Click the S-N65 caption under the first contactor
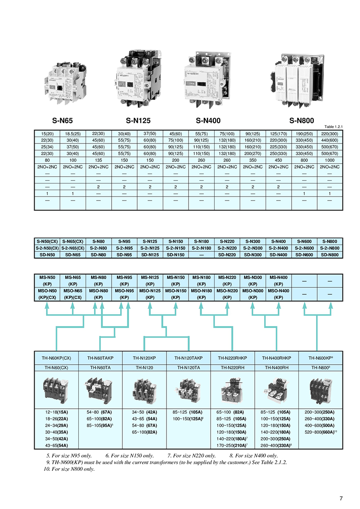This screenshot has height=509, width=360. pos(63,121)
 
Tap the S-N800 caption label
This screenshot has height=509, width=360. pos(301,121)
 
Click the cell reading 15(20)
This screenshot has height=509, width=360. pos(47,134)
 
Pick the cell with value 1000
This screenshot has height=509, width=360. pos(330,160)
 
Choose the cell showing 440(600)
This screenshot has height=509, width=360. pos(330,140)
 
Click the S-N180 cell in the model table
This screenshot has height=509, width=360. pos(202,241)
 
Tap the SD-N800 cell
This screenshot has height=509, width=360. pos(330,254)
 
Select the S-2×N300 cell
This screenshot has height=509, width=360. pos(253,248)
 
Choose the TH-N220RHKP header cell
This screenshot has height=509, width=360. pos(233,358)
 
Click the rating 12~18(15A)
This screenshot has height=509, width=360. pos(56,412)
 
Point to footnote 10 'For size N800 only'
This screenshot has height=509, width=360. pos(69,469)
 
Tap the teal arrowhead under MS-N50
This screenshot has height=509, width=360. pos(47,305)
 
